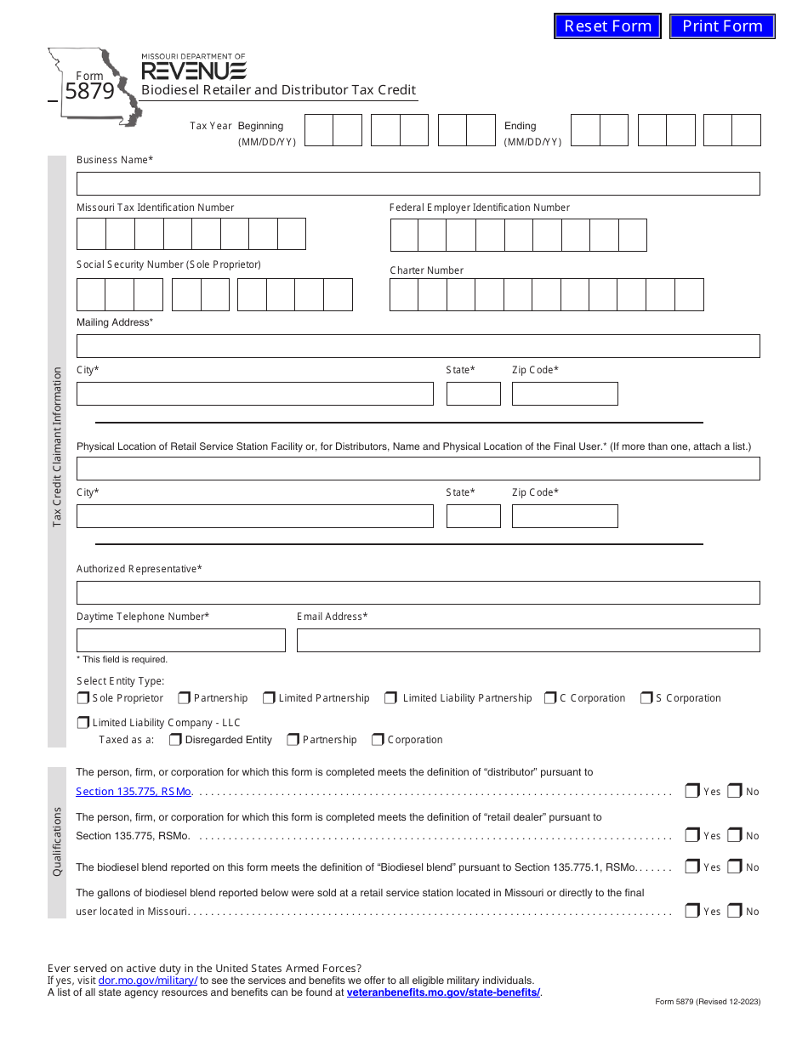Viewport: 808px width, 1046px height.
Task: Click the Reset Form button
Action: click(x=607, y=26)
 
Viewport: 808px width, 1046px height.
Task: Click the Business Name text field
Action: click(x=418, y=184)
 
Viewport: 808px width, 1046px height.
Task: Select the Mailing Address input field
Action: click(x=418, y=346)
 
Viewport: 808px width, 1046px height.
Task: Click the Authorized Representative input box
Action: click(x=418, y=593)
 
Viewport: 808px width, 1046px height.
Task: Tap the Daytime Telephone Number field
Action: click(x=181, y=640)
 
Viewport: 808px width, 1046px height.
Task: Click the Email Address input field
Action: click(x=528, y=640)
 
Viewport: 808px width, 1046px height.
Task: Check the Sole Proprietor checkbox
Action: click(x=83, y=698)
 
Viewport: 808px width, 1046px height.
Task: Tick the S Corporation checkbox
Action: click(x=646, y=698)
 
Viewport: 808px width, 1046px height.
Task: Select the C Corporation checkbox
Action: click(x=550, y=698)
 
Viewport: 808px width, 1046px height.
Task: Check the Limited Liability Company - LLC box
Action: click(x=83, y=723)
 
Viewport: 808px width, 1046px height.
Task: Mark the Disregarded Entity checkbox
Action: click(x=175, y=740)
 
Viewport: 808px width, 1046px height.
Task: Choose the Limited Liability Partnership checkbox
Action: click(x=391, y=698)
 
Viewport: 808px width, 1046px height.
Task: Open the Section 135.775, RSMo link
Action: click(x=134, y=792)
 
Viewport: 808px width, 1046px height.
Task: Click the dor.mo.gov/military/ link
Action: click(x=148, y=981)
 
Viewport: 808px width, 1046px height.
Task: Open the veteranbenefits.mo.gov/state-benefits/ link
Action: click(x=443, y=992)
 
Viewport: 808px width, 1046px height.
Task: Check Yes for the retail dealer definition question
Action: click(x=692, y=835)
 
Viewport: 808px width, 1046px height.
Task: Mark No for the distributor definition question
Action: click(x=735, y=791)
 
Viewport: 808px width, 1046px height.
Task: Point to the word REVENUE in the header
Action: click(x=193, y=71)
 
